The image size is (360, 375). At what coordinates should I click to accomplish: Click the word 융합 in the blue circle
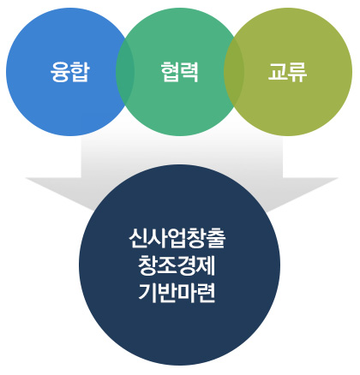70,72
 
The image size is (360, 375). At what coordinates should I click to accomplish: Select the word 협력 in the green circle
179,72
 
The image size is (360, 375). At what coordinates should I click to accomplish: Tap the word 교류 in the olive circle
287,72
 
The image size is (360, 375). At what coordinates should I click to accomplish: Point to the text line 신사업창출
177,239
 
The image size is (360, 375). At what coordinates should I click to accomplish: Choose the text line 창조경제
177,265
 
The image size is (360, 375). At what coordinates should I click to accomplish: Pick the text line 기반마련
177,292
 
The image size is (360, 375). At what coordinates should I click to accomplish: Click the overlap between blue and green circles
125,72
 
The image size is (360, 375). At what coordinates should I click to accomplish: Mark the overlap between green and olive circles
234,72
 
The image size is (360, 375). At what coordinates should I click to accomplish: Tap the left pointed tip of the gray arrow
26,178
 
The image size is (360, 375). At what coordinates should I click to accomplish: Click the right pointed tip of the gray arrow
339,178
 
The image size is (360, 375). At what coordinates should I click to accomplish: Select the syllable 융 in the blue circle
60,72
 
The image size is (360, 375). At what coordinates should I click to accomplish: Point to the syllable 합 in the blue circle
81,72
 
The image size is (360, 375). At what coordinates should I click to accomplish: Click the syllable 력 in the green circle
189,72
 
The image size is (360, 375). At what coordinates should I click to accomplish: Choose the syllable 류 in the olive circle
297,72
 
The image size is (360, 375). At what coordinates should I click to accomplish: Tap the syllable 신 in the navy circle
138,239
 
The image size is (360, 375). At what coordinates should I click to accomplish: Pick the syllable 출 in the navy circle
216,239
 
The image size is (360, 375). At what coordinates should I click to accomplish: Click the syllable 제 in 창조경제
206,265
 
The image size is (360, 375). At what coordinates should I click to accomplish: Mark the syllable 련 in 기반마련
206,292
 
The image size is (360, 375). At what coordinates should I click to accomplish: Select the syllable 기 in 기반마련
147,292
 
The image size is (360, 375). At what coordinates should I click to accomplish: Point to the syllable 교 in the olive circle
278,72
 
